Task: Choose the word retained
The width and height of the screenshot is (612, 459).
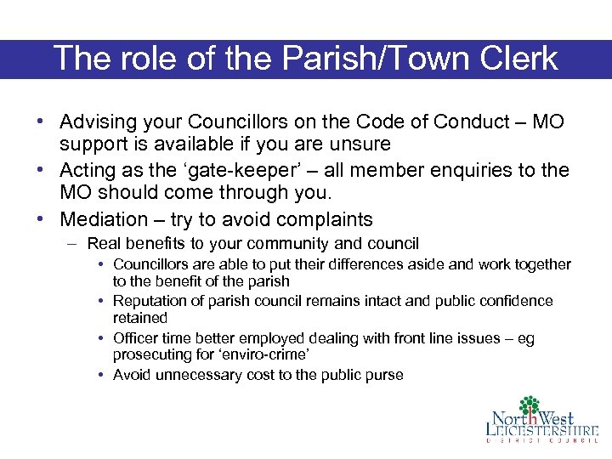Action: coord(140,318)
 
